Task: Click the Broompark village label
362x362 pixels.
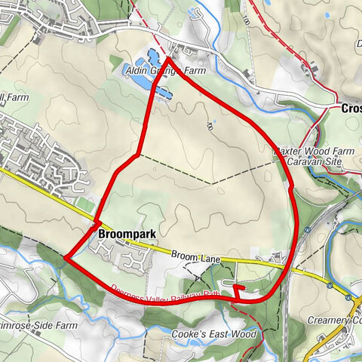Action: tap(127, 235)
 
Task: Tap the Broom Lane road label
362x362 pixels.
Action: tap(195, 257)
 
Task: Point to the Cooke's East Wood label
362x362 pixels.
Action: tap(214, 333)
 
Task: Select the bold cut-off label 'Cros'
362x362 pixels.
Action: tap(351, 108)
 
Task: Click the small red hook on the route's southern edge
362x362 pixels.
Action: tap(236, 290)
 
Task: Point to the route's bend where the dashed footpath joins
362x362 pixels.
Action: tap(137, 155)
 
